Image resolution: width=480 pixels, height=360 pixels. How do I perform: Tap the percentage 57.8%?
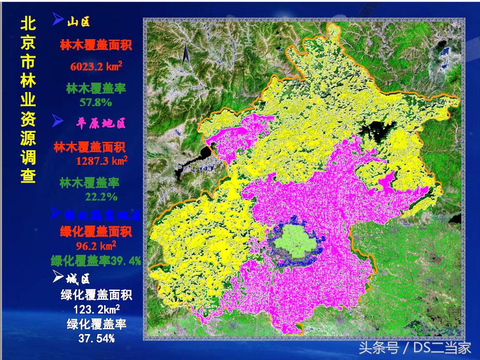(96, 103)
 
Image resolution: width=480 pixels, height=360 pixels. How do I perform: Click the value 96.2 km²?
(96, 245)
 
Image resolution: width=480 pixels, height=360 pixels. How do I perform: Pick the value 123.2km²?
(96, 310)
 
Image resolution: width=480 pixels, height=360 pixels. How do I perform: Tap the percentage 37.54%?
(96, 338)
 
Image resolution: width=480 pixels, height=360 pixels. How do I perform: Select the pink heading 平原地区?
(102, 122)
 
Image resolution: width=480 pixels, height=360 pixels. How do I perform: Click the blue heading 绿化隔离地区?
(102, 215)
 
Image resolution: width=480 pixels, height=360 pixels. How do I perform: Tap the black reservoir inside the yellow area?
(376, 128)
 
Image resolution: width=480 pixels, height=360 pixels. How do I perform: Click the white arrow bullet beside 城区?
(58, 278)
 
